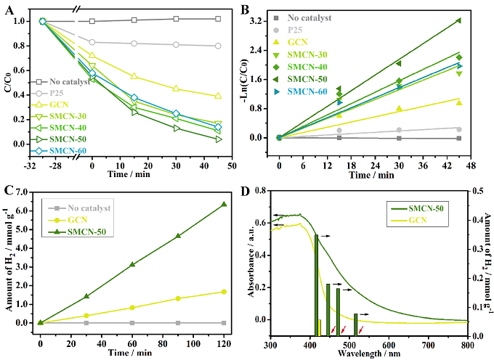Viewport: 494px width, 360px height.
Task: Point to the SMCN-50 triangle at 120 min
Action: [224, 204]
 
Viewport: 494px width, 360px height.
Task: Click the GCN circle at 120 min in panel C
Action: [224, 292]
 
